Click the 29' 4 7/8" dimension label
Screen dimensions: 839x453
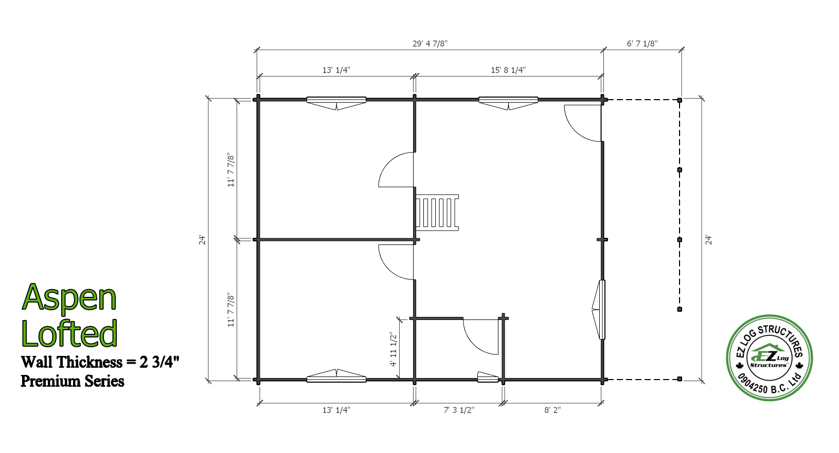[x=430, y=43]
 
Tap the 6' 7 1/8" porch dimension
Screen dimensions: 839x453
[x=642, y=43]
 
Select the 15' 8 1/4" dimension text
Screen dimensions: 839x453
[x=508, y=70]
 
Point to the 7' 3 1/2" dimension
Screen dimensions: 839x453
[x=459, y=410]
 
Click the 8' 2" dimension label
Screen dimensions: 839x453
[x=552, y=410]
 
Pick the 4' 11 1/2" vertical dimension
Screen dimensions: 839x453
[x=393, y=349]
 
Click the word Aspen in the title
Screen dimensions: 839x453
[x=69, y=298]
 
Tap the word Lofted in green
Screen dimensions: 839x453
[x=69, y=332]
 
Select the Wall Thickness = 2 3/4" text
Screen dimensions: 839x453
[x=100, y=362]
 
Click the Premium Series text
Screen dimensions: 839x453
[x=73, y=381]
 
